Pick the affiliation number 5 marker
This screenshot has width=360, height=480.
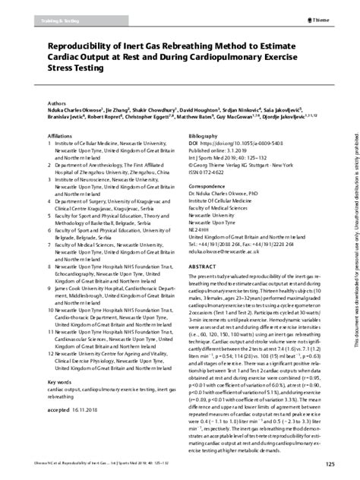pyautogui.click(x=50, y=238)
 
